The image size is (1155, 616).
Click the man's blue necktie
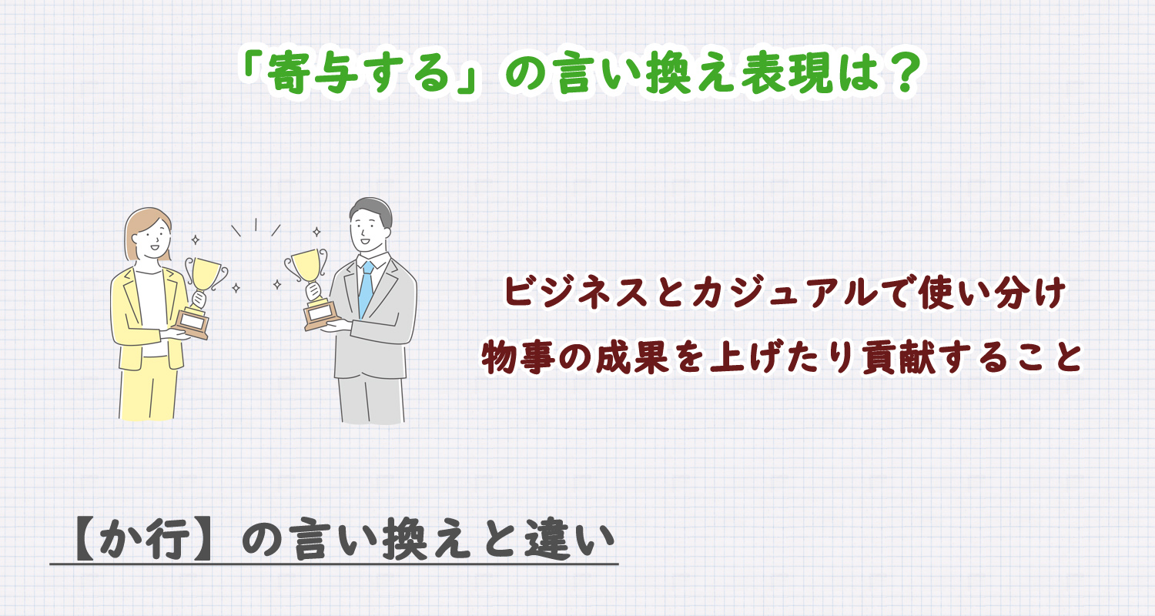click(x=366, y=289)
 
